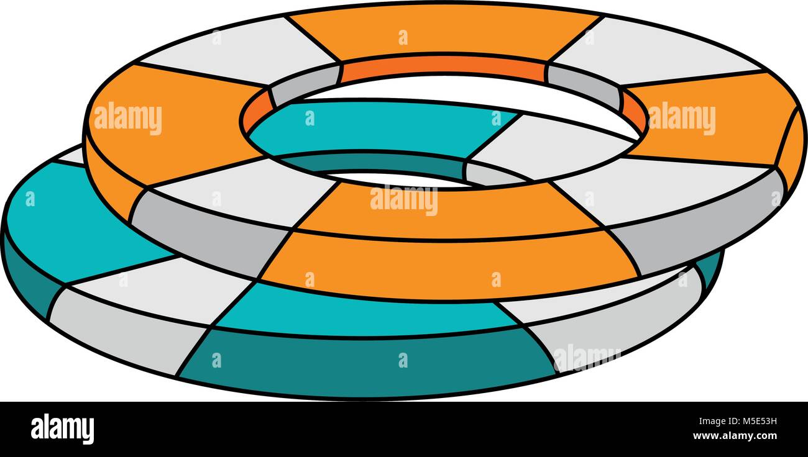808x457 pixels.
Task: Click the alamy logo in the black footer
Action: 62,430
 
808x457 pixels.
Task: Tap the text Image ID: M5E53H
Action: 738,421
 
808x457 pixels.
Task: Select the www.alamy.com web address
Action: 735,436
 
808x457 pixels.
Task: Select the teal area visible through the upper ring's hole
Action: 379,130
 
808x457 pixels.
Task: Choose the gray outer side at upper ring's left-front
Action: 206,230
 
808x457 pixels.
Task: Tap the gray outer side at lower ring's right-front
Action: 613,324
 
